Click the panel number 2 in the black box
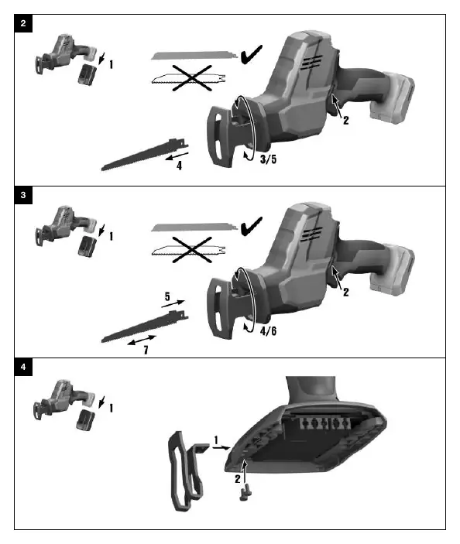(23, 23)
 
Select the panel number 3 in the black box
(23, 195)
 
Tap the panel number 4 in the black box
(23, 367)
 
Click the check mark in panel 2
(252, 54)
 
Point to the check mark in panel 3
(252, 226)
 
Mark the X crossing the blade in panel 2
(192, 77)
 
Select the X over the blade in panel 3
(192, 250)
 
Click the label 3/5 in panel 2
(269, 159)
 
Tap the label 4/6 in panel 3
(269, 331)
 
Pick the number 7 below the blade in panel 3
(146, 350)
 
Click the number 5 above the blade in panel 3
(167, 296)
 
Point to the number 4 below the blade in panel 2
(179, 166)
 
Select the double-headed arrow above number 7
(142, 340)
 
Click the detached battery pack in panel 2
(88, 74)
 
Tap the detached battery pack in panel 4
(85, 420)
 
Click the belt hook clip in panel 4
(187, 471)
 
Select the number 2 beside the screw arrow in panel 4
(238, 479)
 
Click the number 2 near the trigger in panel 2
(346, 121)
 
